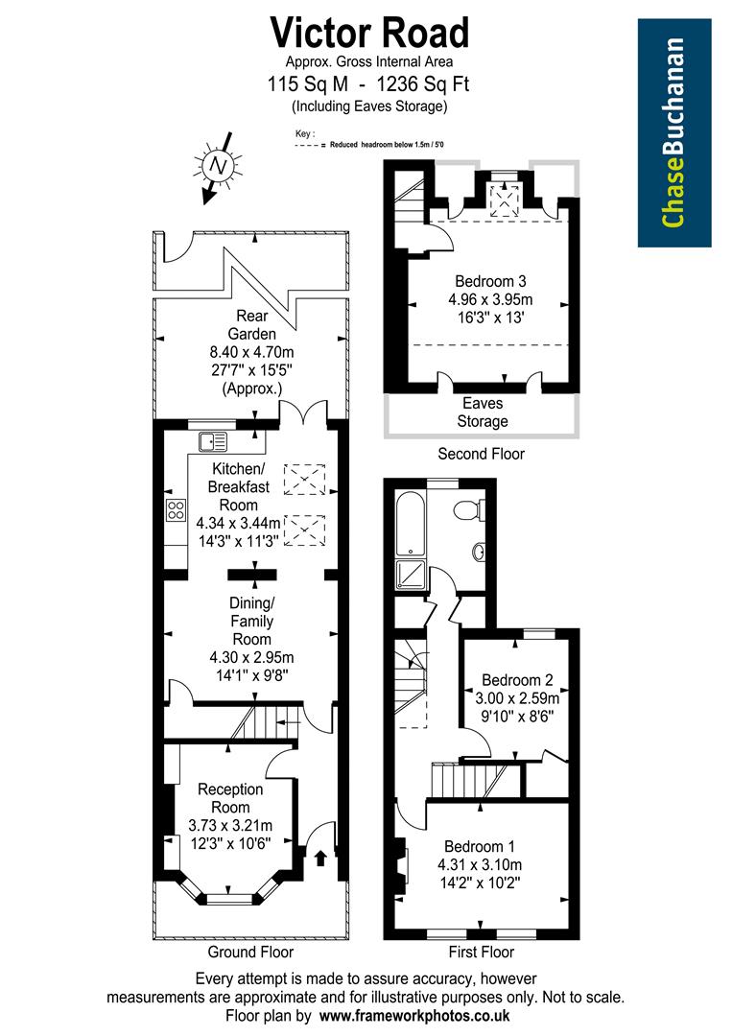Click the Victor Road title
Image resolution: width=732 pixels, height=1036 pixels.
pos(370,33)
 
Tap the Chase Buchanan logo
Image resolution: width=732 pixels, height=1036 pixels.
pos(674,132)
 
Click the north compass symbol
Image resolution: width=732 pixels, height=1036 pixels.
pos(217,166)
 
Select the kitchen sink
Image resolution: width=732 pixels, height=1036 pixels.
pos(213,442)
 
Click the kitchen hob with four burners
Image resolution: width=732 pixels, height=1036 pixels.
pos(177,509)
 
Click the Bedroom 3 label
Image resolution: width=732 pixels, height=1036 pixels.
pos(490,282)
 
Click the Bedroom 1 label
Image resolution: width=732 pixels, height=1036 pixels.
pos(480,847)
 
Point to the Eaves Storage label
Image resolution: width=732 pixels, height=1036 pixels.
pos(483,412)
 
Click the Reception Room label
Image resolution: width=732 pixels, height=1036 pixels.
pos(230,798)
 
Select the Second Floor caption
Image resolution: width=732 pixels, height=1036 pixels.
pos(482,454)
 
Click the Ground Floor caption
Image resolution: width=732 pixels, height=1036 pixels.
pos(250,953)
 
